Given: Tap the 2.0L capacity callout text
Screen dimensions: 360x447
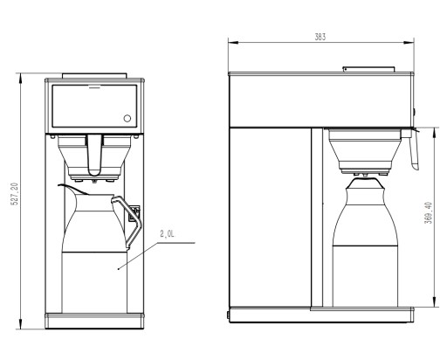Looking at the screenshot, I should click(x=168, y=234).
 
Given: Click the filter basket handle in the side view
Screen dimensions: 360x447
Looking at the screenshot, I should click(x=415, y=149).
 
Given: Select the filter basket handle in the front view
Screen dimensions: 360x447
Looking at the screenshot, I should click(x=95, y=156).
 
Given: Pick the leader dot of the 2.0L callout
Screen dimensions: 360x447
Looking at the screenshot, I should click(x=120, y=267).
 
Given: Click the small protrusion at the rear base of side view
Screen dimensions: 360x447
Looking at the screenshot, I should click(x=229, y=312).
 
